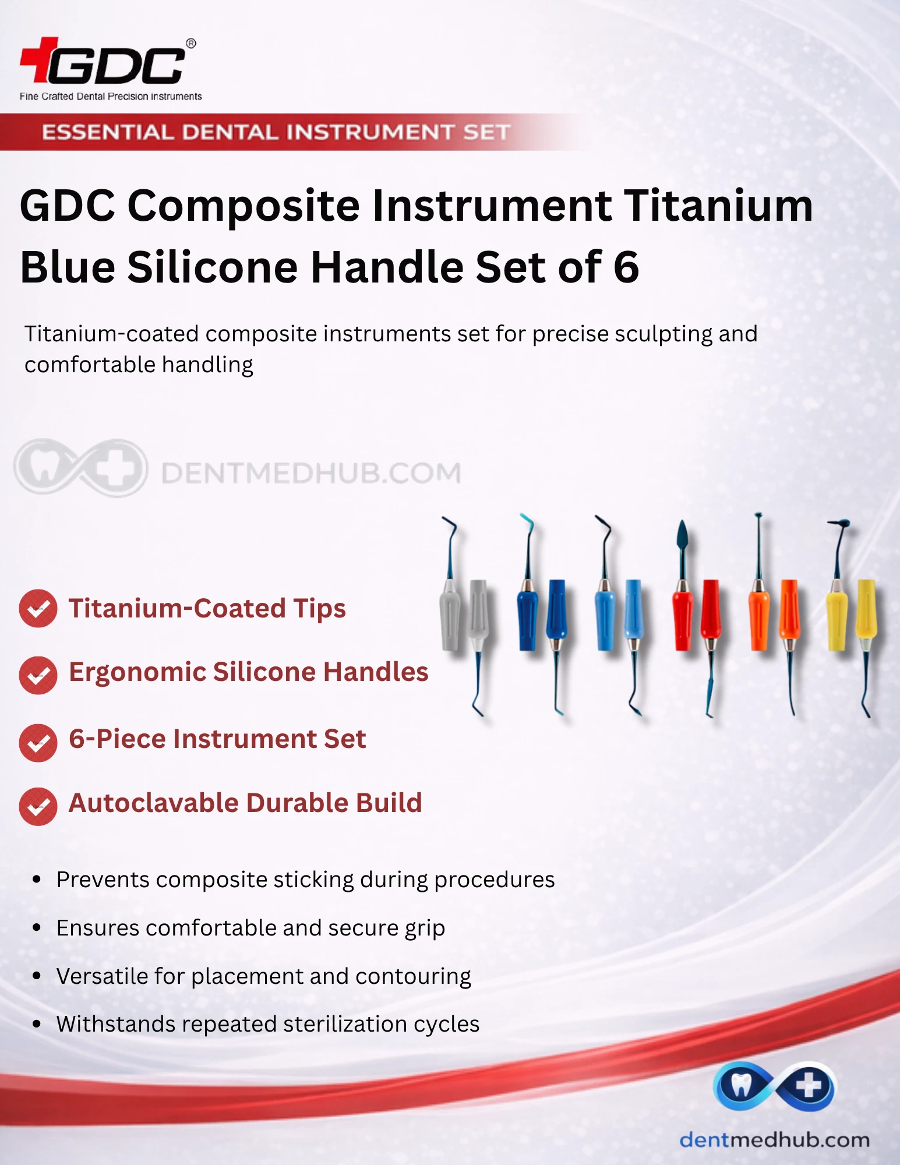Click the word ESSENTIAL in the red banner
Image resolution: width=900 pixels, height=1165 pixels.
(x=108, y=132)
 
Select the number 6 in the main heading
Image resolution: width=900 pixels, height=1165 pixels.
(x=626, y=267)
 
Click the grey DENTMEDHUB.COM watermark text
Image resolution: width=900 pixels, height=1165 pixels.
(x=311, y=473)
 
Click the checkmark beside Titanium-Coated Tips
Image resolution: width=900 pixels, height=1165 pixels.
(x=38, y=609)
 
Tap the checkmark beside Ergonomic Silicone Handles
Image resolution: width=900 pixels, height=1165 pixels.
(x=38, y=675)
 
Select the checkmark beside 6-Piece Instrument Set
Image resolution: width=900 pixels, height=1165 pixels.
(x=38, y=743)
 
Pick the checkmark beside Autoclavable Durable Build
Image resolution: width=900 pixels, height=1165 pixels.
(x=38, y=807)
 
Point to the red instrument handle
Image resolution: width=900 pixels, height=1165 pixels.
(x=697, y=615)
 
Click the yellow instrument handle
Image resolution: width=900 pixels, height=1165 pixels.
(x=851, y=615)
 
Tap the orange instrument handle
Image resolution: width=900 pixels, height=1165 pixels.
(x=774, y=615)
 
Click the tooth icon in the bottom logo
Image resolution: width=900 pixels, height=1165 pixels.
(x=741, y=1085)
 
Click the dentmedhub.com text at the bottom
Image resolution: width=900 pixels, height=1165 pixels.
(x=775, y=1139)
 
